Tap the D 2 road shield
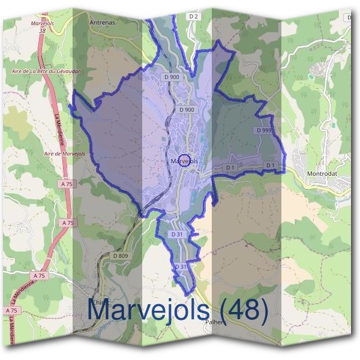pos(193,17)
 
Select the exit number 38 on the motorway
pos(41,29)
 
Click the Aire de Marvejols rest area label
pos(62,154)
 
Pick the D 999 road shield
pos(264,130)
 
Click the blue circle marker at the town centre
pos(185,161)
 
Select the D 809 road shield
pos(121,256)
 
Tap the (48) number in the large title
pos(242,310)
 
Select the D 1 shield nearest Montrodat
pos(270,165)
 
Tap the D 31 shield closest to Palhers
pos(181,266)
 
